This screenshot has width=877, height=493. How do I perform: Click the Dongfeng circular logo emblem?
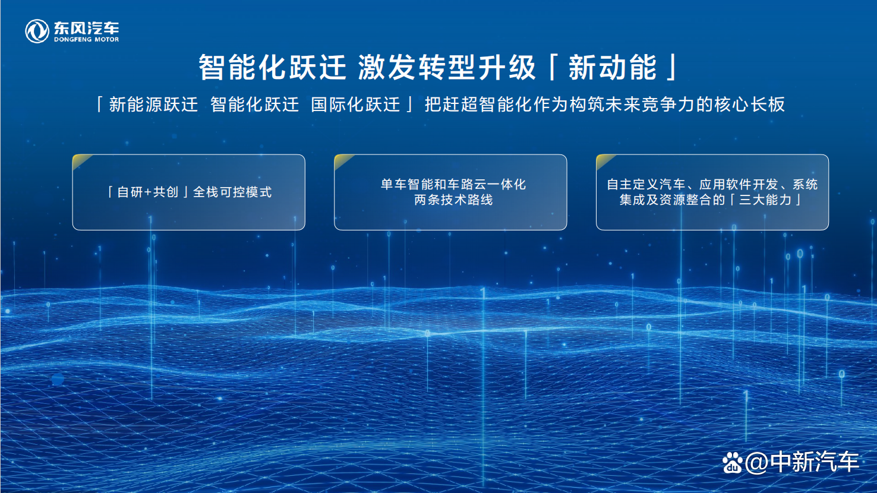[x=37, y=31]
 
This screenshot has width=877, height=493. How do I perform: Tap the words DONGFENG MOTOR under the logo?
[x=86, y=40]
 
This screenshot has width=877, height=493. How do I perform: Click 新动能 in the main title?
[x=613, y=67]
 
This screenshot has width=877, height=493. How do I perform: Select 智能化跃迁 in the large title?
[x=272, y=67]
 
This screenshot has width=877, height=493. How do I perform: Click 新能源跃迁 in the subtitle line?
[x=153, y=105]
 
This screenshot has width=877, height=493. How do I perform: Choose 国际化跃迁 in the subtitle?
[x=355, y=105]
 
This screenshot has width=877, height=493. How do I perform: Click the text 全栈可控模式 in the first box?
[x=232, y=192]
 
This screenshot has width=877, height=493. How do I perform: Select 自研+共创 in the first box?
[x=148, y=192]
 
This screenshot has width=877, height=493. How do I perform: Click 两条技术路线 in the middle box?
[x=453, y=200]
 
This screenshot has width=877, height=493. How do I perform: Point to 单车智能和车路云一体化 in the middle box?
[x=453, y=185]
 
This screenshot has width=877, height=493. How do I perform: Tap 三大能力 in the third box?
[x=765, y=200]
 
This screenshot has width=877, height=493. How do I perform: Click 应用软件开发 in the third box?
[x=739, y=185]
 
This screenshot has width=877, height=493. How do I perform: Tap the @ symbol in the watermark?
[x=756, y=463]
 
